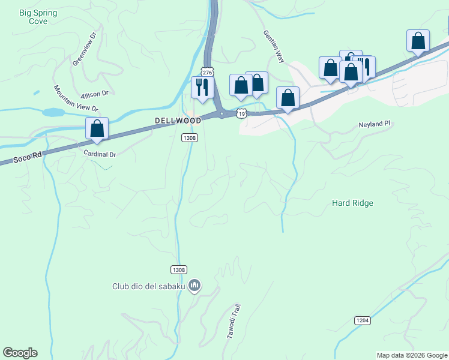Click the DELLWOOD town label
point(178,121)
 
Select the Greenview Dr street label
point(84,49)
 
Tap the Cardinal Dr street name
point(100,154)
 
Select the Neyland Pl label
point(375,124)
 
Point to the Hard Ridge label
point(352,203)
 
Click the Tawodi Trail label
point(234,322)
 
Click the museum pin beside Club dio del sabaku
point(194,286)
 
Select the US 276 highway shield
point(207,71)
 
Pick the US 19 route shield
point(241,113)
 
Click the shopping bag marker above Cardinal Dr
point(97,128)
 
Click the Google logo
point(20,353)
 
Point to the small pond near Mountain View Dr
point(53,112)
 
